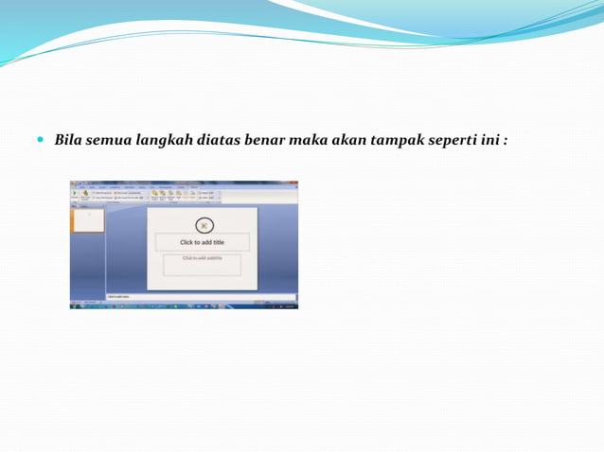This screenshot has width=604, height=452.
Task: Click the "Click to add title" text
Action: pyautogui.click(x=202, y=242)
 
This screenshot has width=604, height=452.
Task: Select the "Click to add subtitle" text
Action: pyautogui.click(x=202, y=258)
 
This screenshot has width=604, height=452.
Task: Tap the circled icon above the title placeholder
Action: pyautogui.click(x=203, y=225)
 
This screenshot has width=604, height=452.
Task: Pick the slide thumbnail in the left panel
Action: pyautogui.click(x=89, y=220)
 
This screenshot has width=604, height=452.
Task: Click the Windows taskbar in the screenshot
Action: pyautogui.click(x=184, y=305)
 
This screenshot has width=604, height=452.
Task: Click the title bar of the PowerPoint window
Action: pyautogui.click(x=184, y=182)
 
